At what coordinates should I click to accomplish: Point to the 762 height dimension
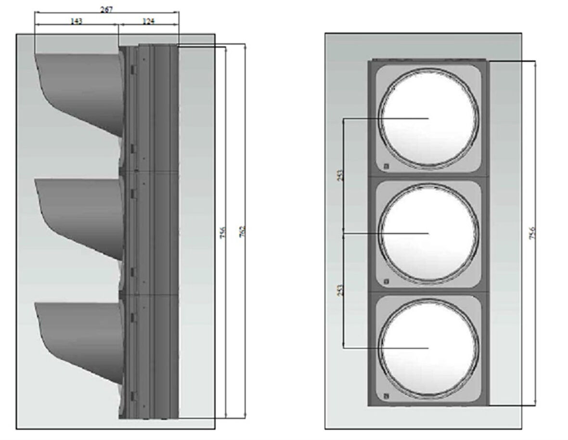(x=243, y=231)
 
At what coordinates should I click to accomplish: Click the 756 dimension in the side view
(x=223, y=231)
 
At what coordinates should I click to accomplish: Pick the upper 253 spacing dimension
(x=340, y=176)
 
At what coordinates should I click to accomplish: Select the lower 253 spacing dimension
(x=340, y=290)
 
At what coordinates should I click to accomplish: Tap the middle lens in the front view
(x=429, y=233)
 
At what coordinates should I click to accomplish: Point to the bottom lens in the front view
(x=429, y=348)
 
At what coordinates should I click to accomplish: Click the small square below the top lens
(x=386, y=167)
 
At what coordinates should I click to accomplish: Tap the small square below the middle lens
(x=386, y=282)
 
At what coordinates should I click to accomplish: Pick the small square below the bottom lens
(x=386, y=397)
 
